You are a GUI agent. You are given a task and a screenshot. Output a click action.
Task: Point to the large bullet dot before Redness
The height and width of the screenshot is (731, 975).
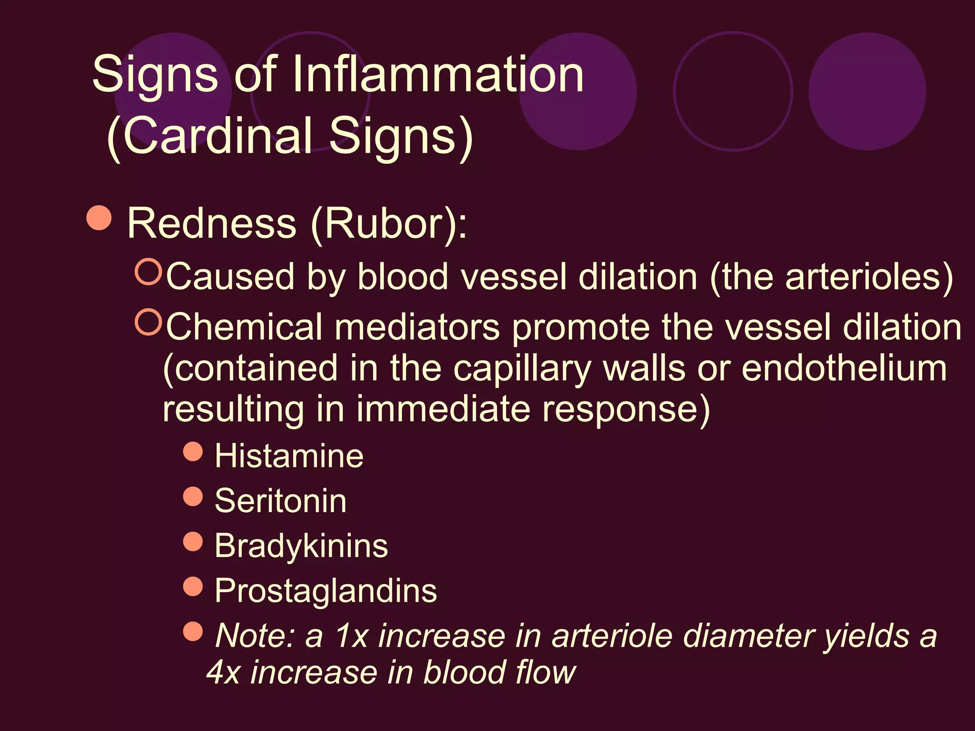(x=99, y=218)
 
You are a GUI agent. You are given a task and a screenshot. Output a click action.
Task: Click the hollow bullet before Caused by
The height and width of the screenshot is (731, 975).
(x=149, y=272)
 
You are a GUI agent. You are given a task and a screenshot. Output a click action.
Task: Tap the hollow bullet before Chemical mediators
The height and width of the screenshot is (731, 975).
(x=149, y=322)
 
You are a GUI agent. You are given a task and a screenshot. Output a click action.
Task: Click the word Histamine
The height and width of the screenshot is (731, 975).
(x=289, y=456)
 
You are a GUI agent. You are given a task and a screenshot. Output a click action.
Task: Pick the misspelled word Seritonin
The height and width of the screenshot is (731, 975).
(x=280, y=501)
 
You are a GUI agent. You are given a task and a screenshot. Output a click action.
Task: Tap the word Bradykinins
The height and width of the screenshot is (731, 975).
(x=301, y=545)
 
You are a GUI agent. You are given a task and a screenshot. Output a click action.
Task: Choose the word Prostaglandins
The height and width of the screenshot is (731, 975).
(x=326, y=591)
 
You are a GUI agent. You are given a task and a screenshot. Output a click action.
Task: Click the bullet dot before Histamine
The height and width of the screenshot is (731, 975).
(x=193, y=451)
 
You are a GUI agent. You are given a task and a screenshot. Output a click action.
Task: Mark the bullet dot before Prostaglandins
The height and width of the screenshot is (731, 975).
(x=193, y=586)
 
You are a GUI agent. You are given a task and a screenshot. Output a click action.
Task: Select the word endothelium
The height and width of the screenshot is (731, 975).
(x=844, y=369)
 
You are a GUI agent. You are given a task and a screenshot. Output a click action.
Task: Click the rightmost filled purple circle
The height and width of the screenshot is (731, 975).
(x=867, y=91)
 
